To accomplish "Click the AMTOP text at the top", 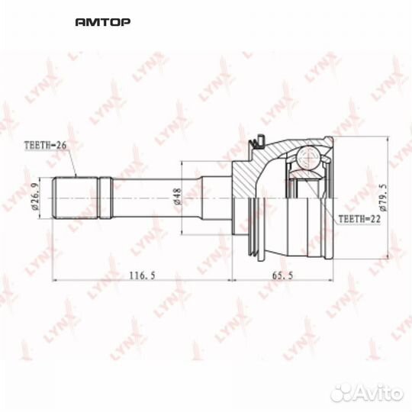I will (x=103, y=22).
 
